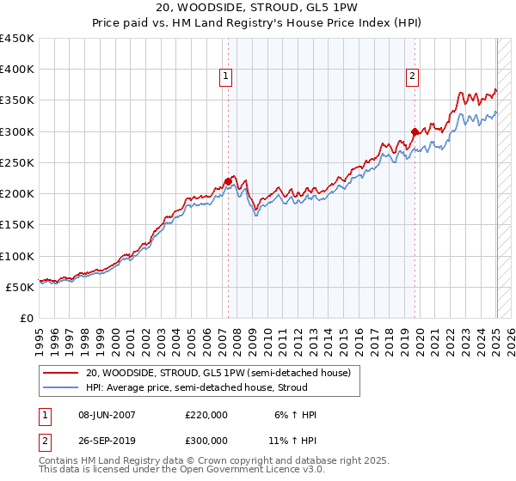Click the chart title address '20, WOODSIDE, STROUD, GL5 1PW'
pos(257,9)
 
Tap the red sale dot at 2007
pos(228,181)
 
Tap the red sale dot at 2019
pos(415,131)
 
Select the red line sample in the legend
pos(61,374)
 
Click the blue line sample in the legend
pos(61,388)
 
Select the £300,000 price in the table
pos(206,440)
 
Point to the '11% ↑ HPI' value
pos(293,440)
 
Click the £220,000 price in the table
pos(206,415)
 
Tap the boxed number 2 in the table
pos(44,440)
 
